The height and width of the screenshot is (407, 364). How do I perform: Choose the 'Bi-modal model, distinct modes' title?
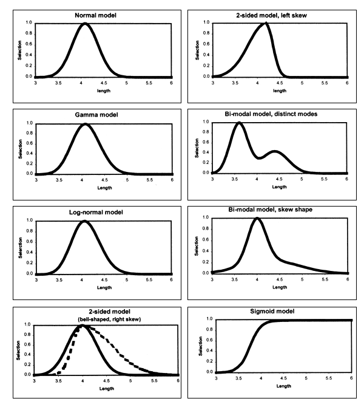271,114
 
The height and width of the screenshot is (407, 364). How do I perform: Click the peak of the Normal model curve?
86,24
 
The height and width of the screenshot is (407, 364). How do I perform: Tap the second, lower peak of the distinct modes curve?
274,151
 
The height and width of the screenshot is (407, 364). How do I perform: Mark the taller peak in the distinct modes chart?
238,123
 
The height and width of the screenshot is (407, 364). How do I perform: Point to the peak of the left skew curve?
265,24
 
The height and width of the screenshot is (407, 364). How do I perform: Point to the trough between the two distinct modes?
258,157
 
